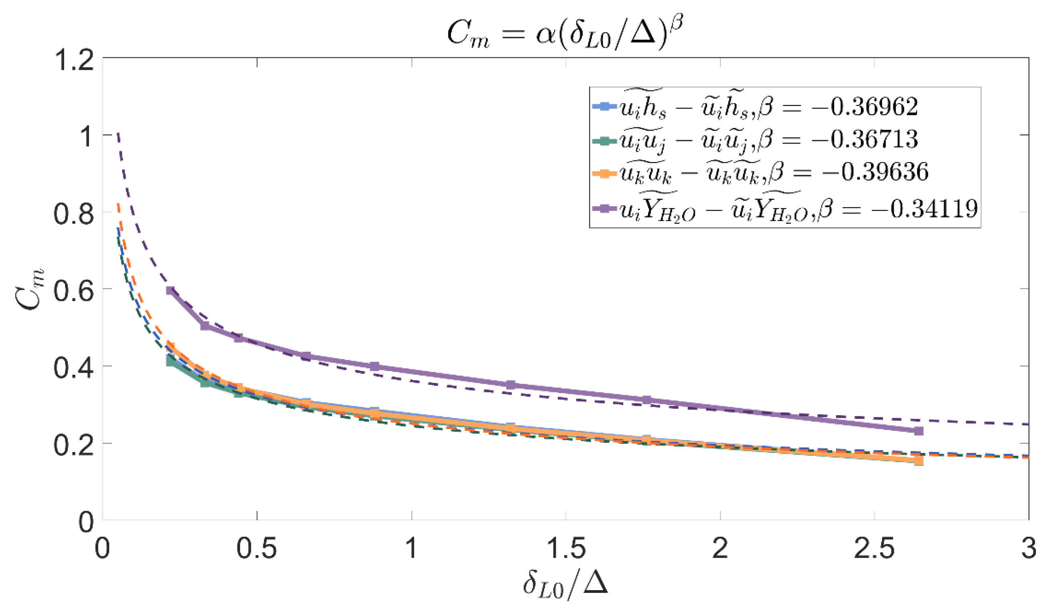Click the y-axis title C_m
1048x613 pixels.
tap(30, 289)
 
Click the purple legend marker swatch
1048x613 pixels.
tap(605, 208)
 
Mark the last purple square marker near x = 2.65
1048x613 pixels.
tap(919, 431)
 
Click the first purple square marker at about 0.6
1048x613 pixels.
tap(170, 290)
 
